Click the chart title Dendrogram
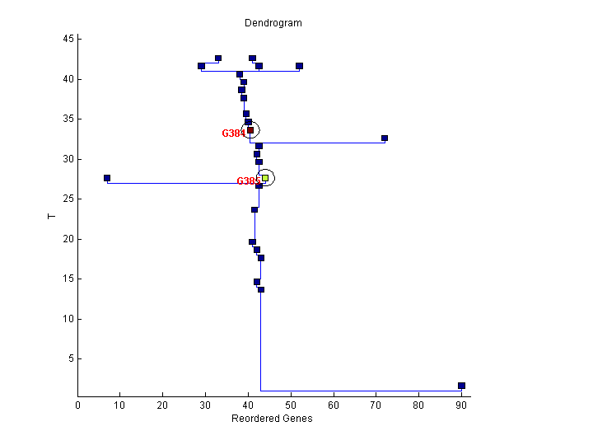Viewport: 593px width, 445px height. click(273, 23)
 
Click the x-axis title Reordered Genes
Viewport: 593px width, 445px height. click(272, 419)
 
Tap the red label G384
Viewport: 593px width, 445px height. click(233, 133)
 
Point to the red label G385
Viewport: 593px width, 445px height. click(248, 181)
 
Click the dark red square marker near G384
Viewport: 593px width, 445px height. click(250, 130)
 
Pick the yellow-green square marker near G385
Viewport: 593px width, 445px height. click(265, 178)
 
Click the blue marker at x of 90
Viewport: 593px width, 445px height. click(461, 386)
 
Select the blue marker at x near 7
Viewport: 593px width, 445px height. click(107, 178)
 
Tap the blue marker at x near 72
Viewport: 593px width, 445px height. click(385, 138)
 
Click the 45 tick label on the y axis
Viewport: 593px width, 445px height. click(68, 39)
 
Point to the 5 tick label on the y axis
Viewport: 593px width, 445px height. click(71, 358)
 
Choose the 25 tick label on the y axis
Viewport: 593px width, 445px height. click(68, 199)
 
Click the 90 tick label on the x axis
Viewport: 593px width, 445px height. click(461, 405)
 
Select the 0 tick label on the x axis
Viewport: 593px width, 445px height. click(78, 405)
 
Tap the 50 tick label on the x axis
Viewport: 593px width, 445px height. click(291, 405)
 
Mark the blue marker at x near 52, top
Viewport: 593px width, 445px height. click(299, 66)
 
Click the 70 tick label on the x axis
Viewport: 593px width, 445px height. click(376, 405)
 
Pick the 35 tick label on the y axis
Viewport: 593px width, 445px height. click(68, 119)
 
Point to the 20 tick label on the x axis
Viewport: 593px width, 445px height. click(163, 405)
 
